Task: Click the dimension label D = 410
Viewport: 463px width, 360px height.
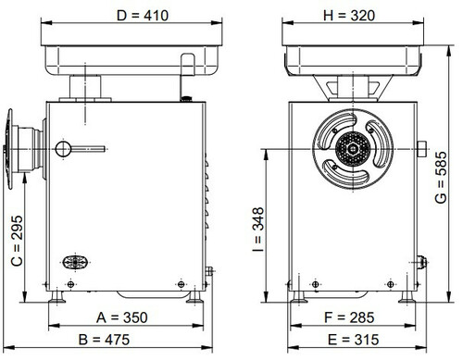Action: click(x=143, y=16)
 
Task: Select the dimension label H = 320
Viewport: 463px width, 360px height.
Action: click(x=349, y=16)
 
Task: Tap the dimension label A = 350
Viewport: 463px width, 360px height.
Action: click(x=122, y=317)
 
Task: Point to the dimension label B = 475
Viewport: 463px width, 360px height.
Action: click(x=104, y=340)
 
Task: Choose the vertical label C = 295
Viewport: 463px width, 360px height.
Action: click(x=17, y=241)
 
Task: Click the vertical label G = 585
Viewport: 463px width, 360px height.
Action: click(x=441, y=178)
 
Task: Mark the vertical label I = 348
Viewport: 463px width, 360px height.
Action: click(x=258, y=230)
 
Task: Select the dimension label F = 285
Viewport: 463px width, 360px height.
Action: click(x=349, y=317)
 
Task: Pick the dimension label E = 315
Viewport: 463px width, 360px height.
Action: click(x=353, y=340)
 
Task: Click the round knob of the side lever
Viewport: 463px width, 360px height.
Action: click(x=63, y=149)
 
